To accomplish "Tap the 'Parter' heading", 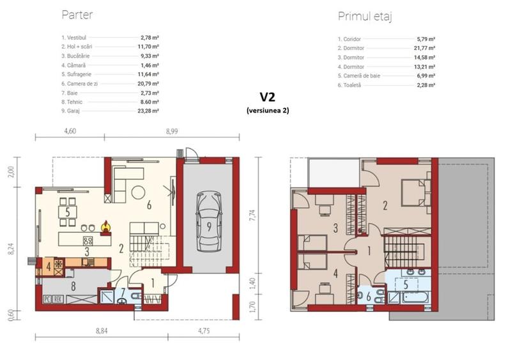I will (x=75, y=15).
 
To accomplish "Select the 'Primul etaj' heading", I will (x=364, y=17).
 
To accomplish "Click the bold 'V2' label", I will (x=268, y=97).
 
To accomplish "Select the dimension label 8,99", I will (x=171, y=130).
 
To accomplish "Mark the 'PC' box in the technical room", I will (x=47, y=298).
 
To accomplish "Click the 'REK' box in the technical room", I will (x=58, y=298).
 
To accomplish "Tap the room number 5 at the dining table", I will (x=66, y=212).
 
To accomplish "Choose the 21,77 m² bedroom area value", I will (x=424, y=48).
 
